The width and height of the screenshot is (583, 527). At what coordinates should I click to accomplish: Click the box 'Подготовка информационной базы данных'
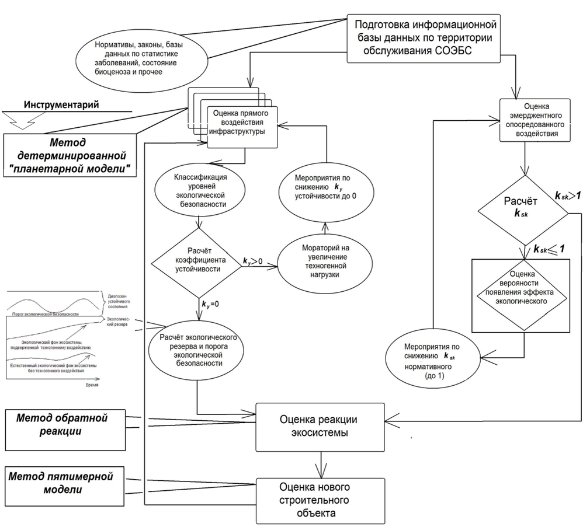(424, 39)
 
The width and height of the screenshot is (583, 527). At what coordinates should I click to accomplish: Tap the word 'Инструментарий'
(61, 104)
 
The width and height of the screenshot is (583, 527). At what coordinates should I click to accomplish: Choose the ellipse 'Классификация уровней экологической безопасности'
(200, 191)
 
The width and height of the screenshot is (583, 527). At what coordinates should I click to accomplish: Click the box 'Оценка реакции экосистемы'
(318, 427)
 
